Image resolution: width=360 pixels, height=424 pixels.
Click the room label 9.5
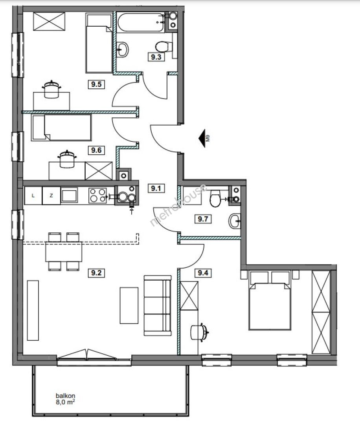(96, 84)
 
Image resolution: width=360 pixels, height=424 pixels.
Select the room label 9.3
(156, 57)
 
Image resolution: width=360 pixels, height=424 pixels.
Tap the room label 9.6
(96, 150)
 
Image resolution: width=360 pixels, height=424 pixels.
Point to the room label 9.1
(156, 188)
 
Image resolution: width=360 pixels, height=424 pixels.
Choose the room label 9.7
(203, 219)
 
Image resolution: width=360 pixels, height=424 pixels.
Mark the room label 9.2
(96, 273)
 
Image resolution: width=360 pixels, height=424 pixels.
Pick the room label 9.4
(203, 273)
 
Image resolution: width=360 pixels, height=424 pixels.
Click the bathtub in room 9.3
(141, 22)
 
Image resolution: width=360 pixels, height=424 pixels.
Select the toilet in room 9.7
(216, 198)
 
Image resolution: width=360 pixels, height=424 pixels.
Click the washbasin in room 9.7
(235, 221)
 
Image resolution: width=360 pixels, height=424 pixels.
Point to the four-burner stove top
(98, 196)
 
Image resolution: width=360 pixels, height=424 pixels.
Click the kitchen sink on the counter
(69, 195)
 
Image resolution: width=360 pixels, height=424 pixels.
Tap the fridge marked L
(33, 196)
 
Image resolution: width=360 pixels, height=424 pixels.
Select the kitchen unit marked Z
(51, 196)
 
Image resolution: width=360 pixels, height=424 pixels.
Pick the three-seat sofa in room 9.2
(158, 305)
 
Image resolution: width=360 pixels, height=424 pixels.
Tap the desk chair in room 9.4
(199, 332)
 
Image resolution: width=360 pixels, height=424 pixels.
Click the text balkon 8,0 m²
(66, 399)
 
